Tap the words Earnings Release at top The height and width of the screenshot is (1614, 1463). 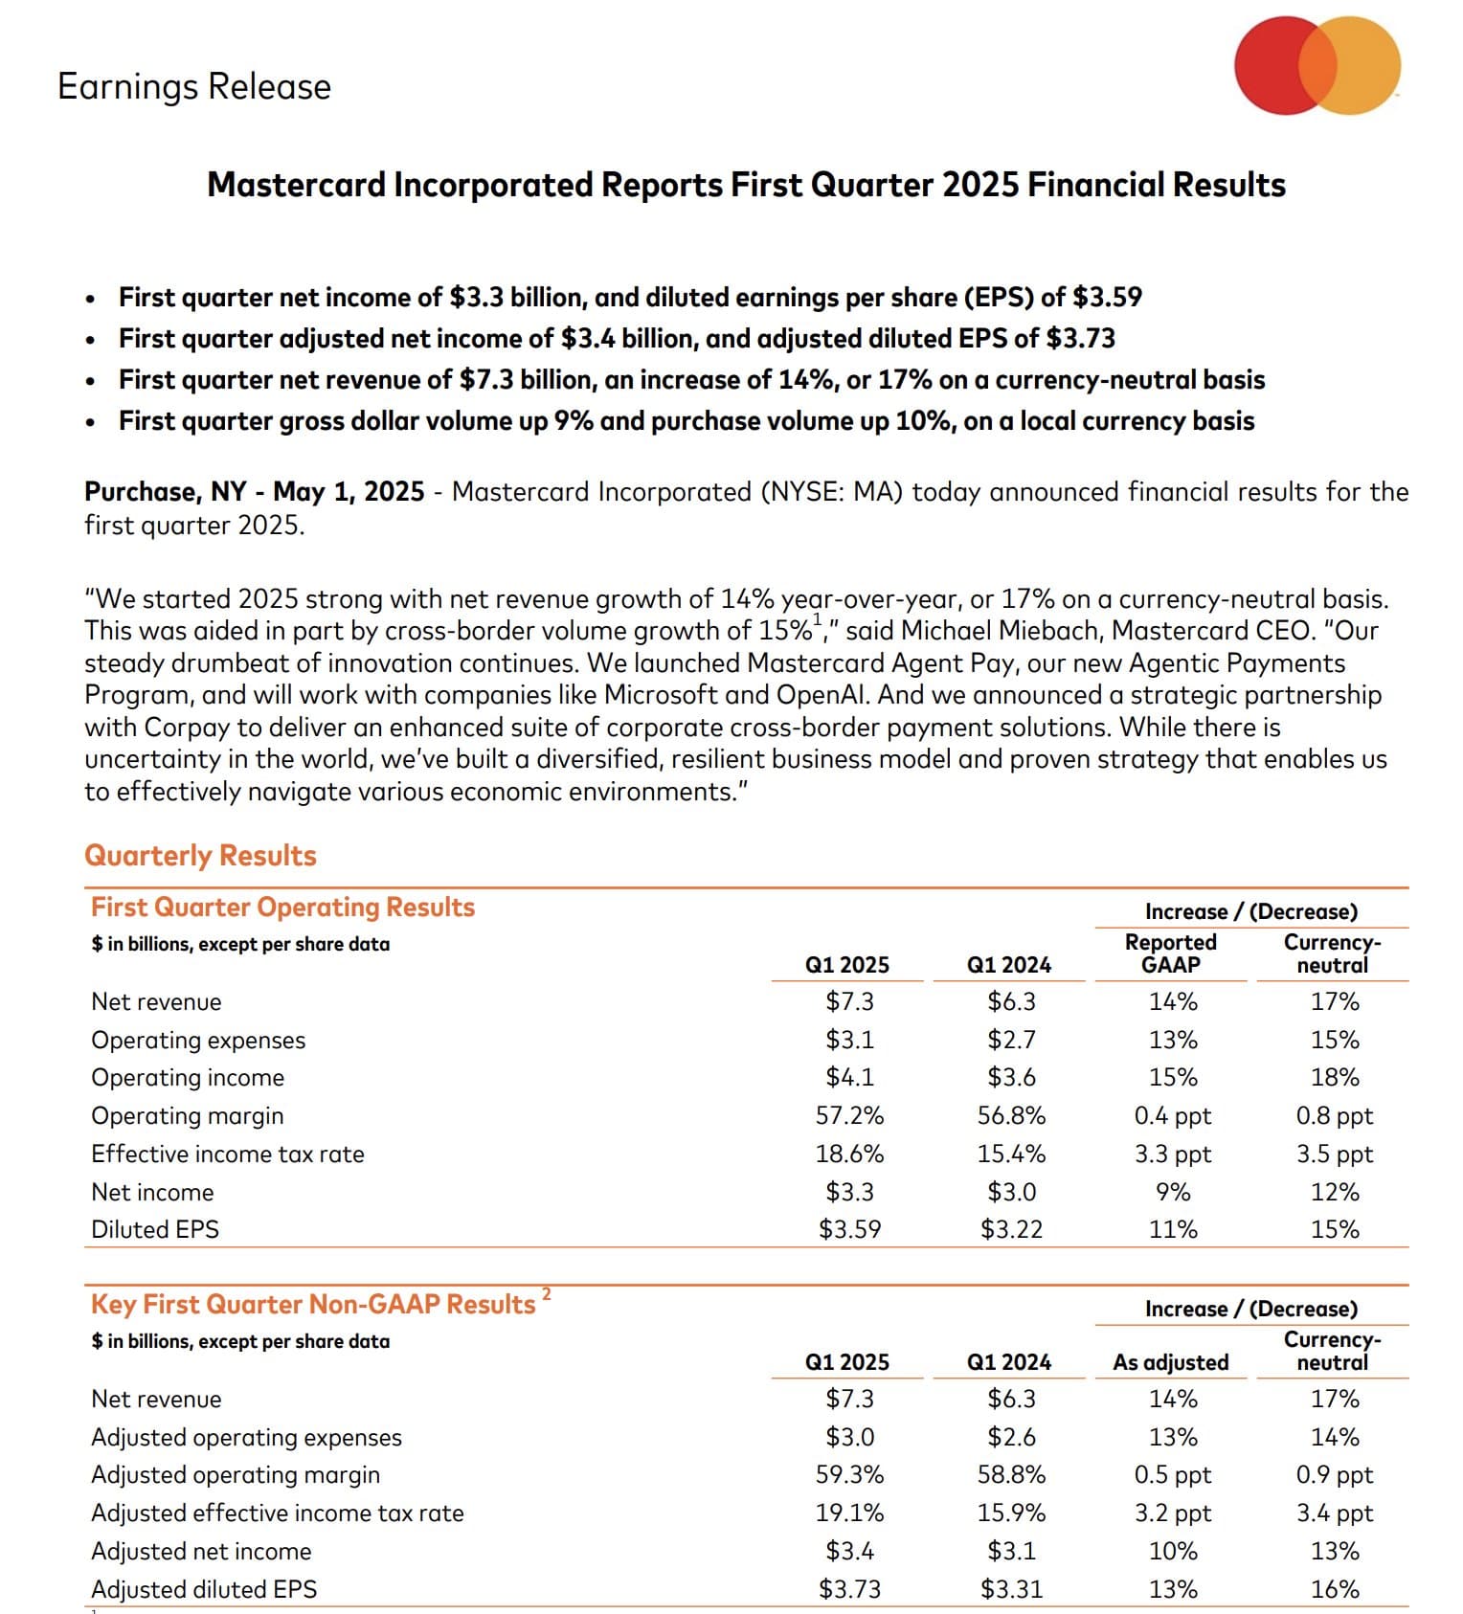[x=194, y=86]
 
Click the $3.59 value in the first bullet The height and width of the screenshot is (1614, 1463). [x=1108, y=298]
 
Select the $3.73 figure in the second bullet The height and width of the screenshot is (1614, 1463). [x=1081, y=339]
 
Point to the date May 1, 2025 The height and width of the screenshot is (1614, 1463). [x=349, y=492]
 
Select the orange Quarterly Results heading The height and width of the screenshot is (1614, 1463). [x=200, y=856]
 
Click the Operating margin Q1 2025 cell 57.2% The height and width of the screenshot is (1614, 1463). [x=849, y=1116]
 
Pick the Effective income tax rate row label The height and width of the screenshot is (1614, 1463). [x=228, y=1154]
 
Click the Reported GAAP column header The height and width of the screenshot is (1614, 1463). [x=1171, y=953]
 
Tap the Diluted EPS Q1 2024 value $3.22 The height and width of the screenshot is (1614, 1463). [x=1011, y=1229]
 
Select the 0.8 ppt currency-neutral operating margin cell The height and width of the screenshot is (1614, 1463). [x=1335, y=1116]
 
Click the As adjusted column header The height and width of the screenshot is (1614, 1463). [x=1171, y=1362]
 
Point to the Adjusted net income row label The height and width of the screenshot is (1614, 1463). [x=201, y=1551]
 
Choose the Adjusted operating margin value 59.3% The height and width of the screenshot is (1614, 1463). [x=849, y=1475]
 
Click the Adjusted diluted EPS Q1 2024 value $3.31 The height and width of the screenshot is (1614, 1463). [x=1011, y=1589]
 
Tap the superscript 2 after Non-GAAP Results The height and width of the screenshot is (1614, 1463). [x=547, y=1294]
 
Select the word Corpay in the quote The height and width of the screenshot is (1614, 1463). [x=187, y=728]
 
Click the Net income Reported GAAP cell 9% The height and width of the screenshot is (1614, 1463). [x=1173, y=1193]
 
